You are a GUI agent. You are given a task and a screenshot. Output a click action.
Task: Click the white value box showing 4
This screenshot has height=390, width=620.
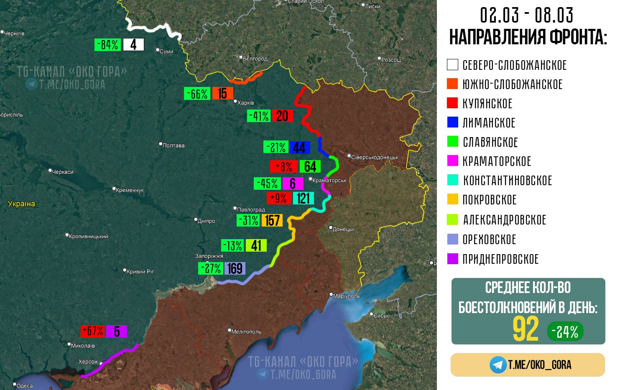(x=133, y=44)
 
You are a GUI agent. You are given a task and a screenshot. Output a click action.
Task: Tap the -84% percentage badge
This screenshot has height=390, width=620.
(x=108, y=44)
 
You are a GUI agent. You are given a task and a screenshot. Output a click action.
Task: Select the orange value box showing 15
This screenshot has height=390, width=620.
(x=222, y=93)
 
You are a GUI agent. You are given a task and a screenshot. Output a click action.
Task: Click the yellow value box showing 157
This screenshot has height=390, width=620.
(x=272, y=220)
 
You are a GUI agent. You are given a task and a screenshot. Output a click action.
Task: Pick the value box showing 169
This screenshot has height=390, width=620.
(x=235, y=268)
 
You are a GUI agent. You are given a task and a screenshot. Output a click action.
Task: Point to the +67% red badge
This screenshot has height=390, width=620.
(x=93, y=331)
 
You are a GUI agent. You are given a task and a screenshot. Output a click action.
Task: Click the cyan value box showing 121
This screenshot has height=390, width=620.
(x=303, y=198)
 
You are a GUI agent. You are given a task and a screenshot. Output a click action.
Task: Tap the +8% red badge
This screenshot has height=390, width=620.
(x=283, y=166)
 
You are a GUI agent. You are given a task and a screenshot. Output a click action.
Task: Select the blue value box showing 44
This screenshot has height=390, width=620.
(x=299, y=148)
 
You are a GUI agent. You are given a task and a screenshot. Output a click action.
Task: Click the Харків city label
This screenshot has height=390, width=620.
(x=245, y=102)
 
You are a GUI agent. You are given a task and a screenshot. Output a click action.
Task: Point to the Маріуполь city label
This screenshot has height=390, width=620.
(x=346, y=296)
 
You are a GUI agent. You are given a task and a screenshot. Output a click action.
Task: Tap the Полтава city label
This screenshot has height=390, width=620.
(x=173, y=145)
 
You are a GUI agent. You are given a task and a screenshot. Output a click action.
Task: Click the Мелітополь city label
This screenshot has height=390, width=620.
(x=246, y=331)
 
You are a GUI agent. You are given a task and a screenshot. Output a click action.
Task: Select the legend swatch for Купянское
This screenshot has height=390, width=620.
(x=452, y=103)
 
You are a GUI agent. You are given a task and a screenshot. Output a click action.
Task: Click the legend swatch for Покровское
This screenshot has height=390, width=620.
(x=452, y=200)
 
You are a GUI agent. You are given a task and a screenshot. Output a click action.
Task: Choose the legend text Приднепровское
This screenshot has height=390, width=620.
(x=500, y=259)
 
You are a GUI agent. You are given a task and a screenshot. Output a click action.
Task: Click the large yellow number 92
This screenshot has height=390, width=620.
(x=526, y=330)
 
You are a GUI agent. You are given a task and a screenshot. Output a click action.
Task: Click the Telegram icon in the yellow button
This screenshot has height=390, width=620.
(x=498, y=365)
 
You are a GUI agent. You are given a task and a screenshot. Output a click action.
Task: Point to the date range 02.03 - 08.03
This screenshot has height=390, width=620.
(x=526, y=16)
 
